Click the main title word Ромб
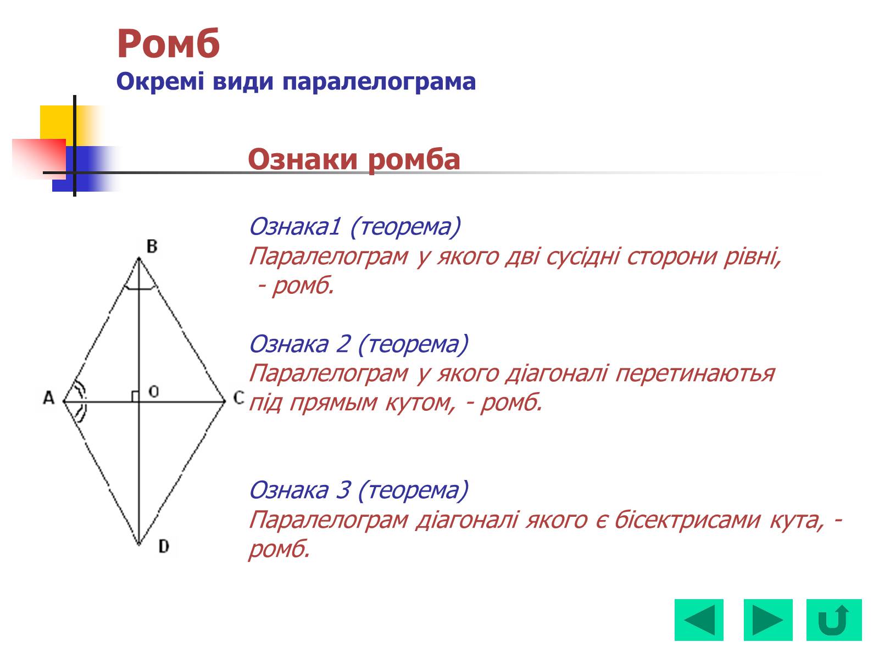pos(168,43)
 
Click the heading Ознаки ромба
pos(354,160)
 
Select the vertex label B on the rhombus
pos(152,246)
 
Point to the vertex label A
pos(49,398)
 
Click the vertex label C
pos(238,398)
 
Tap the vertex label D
pos(164,546)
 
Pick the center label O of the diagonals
pos(153,391)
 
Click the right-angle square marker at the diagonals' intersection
pos(135,396)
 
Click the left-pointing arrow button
pos(699,620)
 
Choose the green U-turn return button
pos(834,620)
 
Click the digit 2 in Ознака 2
pos(343,344)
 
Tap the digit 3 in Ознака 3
pos(343,490)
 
